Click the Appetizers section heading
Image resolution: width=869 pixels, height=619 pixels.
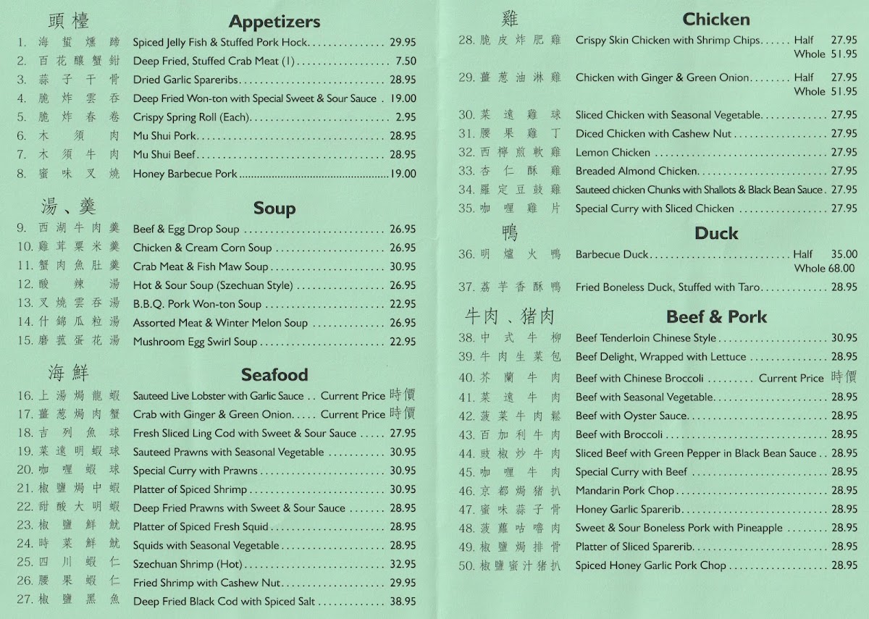coord(274,22)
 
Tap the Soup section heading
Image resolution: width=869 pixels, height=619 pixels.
coord(274,209)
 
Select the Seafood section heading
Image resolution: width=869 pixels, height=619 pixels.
coord(274,375)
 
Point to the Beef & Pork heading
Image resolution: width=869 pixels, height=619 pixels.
coord(716,317)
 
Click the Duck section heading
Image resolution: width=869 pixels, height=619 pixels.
coord(716,233)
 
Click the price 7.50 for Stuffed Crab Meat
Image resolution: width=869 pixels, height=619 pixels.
coord(406,62)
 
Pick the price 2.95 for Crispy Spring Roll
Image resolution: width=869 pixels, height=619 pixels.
coord(406,117)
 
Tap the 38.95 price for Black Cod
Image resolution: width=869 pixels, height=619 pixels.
coord(403,601)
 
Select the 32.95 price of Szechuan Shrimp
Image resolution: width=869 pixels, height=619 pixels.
coord(403,564)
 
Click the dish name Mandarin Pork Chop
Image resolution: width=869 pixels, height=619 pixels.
coord(625,491)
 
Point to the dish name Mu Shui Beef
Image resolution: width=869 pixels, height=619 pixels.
coord(164,155)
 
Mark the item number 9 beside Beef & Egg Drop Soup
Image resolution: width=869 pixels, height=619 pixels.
coord(22,229)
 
